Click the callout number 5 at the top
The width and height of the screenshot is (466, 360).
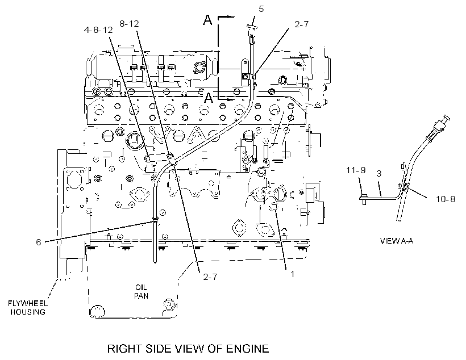click(261, 9)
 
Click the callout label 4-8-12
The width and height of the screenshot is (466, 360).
click(98, 30)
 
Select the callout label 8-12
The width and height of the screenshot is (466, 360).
click(129, 23)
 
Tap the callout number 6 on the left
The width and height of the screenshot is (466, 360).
click(38, 242)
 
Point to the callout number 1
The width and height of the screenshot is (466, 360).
click(292, 274)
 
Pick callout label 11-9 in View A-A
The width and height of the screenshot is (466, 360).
click(356, 170)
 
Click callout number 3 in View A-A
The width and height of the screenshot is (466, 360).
click(379, 173)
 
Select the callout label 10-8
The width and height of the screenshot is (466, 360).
click(446, 199)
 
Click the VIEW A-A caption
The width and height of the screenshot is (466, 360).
click(397, 241)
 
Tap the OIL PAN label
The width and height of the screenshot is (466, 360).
click(141, 291)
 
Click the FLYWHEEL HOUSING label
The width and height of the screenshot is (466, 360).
click(28, 307)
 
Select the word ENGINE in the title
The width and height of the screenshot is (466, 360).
click(248, 349)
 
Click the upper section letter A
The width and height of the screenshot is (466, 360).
click(208, 20)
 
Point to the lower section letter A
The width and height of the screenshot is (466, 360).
click(209, 98)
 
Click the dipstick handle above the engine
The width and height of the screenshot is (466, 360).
click(252, 28)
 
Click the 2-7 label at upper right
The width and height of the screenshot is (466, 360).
click(301, 24)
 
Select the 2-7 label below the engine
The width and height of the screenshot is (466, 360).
click(210, 277)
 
